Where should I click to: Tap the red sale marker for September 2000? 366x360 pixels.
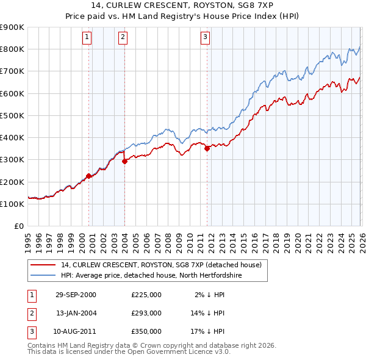click(89, 176)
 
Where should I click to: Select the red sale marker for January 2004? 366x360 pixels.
click(124, 161)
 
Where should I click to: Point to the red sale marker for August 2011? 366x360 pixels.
click(207, 148)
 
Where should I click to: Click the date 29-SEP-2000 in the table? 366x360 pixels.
click(76, 294)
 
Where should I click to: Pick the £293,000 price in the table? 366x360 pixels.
click(146, 313)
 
